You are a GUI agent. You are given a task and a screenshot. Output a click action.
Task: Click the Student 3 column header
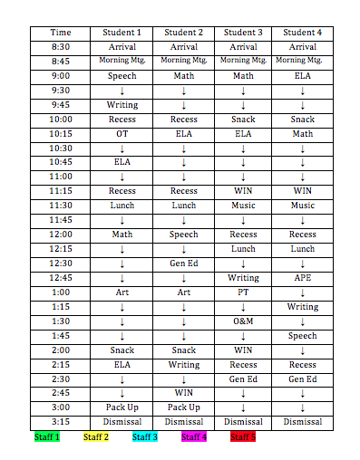(243, 33)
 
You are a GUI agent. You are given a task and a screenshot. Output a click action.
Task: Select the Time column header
(61, 33)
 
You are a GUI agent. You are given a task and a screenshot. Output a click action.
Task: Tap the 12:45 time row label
(61, 278)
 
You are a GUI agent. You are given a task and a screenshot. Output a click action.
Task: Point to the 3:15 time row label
(61, 421)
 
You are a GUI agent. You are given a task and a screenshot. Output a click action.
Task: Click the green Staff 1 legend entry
(47, 437)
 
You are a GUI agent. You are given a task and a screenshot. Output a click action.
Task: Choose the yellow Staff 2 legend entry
(96, 437)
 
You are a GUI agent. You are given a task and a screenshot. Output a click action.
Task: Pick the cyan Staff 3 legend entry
(145, 437)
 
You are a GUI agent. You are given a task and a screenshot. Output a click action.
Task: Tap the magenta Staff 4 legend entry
(194, 437)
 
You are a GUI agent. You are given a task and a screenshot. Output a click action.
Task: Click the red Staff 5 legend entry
(243, 437)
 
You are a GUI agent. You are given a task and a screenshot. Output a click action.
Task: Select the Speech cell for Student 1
(122, 76)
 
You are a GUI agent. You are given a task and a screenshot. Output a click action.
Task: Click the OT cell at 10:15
(122, 134)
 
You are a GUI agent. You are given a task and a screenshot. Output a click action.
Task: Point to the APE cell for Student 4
(302, 278)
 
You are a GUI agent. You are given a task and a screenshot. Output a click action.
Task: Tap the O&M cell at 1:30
(243, 321)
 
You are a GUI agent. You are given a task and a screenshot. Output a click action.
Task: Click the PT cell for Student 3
(243, 292)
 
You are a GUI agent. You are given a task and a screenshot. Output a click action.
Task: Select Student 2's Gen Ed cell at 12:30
(183, 264)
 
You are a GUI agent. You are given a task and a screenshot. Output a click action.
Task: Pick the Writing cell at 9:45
(122, 105)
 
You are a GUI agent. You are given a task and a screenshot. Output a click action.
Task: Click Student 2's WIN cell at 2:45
(183, 393)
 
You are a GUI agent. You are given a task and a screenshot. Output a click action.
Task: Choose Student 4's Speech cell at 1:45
(302, 336)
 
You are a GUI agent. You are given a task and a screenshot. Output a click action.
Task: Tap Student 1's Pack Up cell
(122, 407)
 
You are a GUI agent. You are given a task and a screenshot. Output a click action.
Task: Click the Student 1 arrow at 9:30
(122, 91)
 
